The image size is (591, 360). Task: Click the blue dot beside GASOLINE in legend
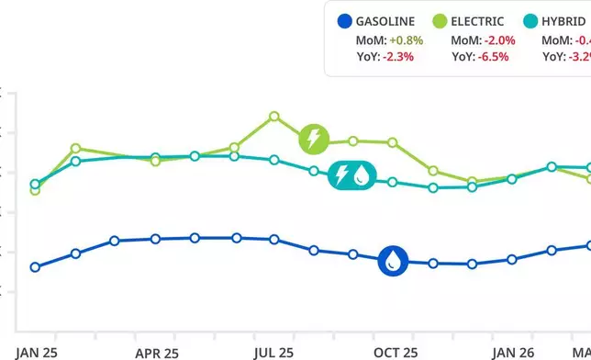344,21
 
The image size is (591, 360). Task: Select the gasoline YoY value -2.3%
396,56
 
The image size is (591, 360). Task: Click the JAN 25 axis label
37,352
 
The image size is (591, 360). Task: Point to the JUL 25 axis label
273,352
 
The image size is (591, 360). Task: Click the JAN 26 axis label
512,352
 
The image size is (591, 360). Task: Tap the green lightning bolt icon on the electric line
314,140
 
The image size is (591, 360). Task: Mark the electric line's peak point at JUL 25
274,117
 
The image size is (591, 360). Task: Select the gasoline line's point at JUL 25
274,239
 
